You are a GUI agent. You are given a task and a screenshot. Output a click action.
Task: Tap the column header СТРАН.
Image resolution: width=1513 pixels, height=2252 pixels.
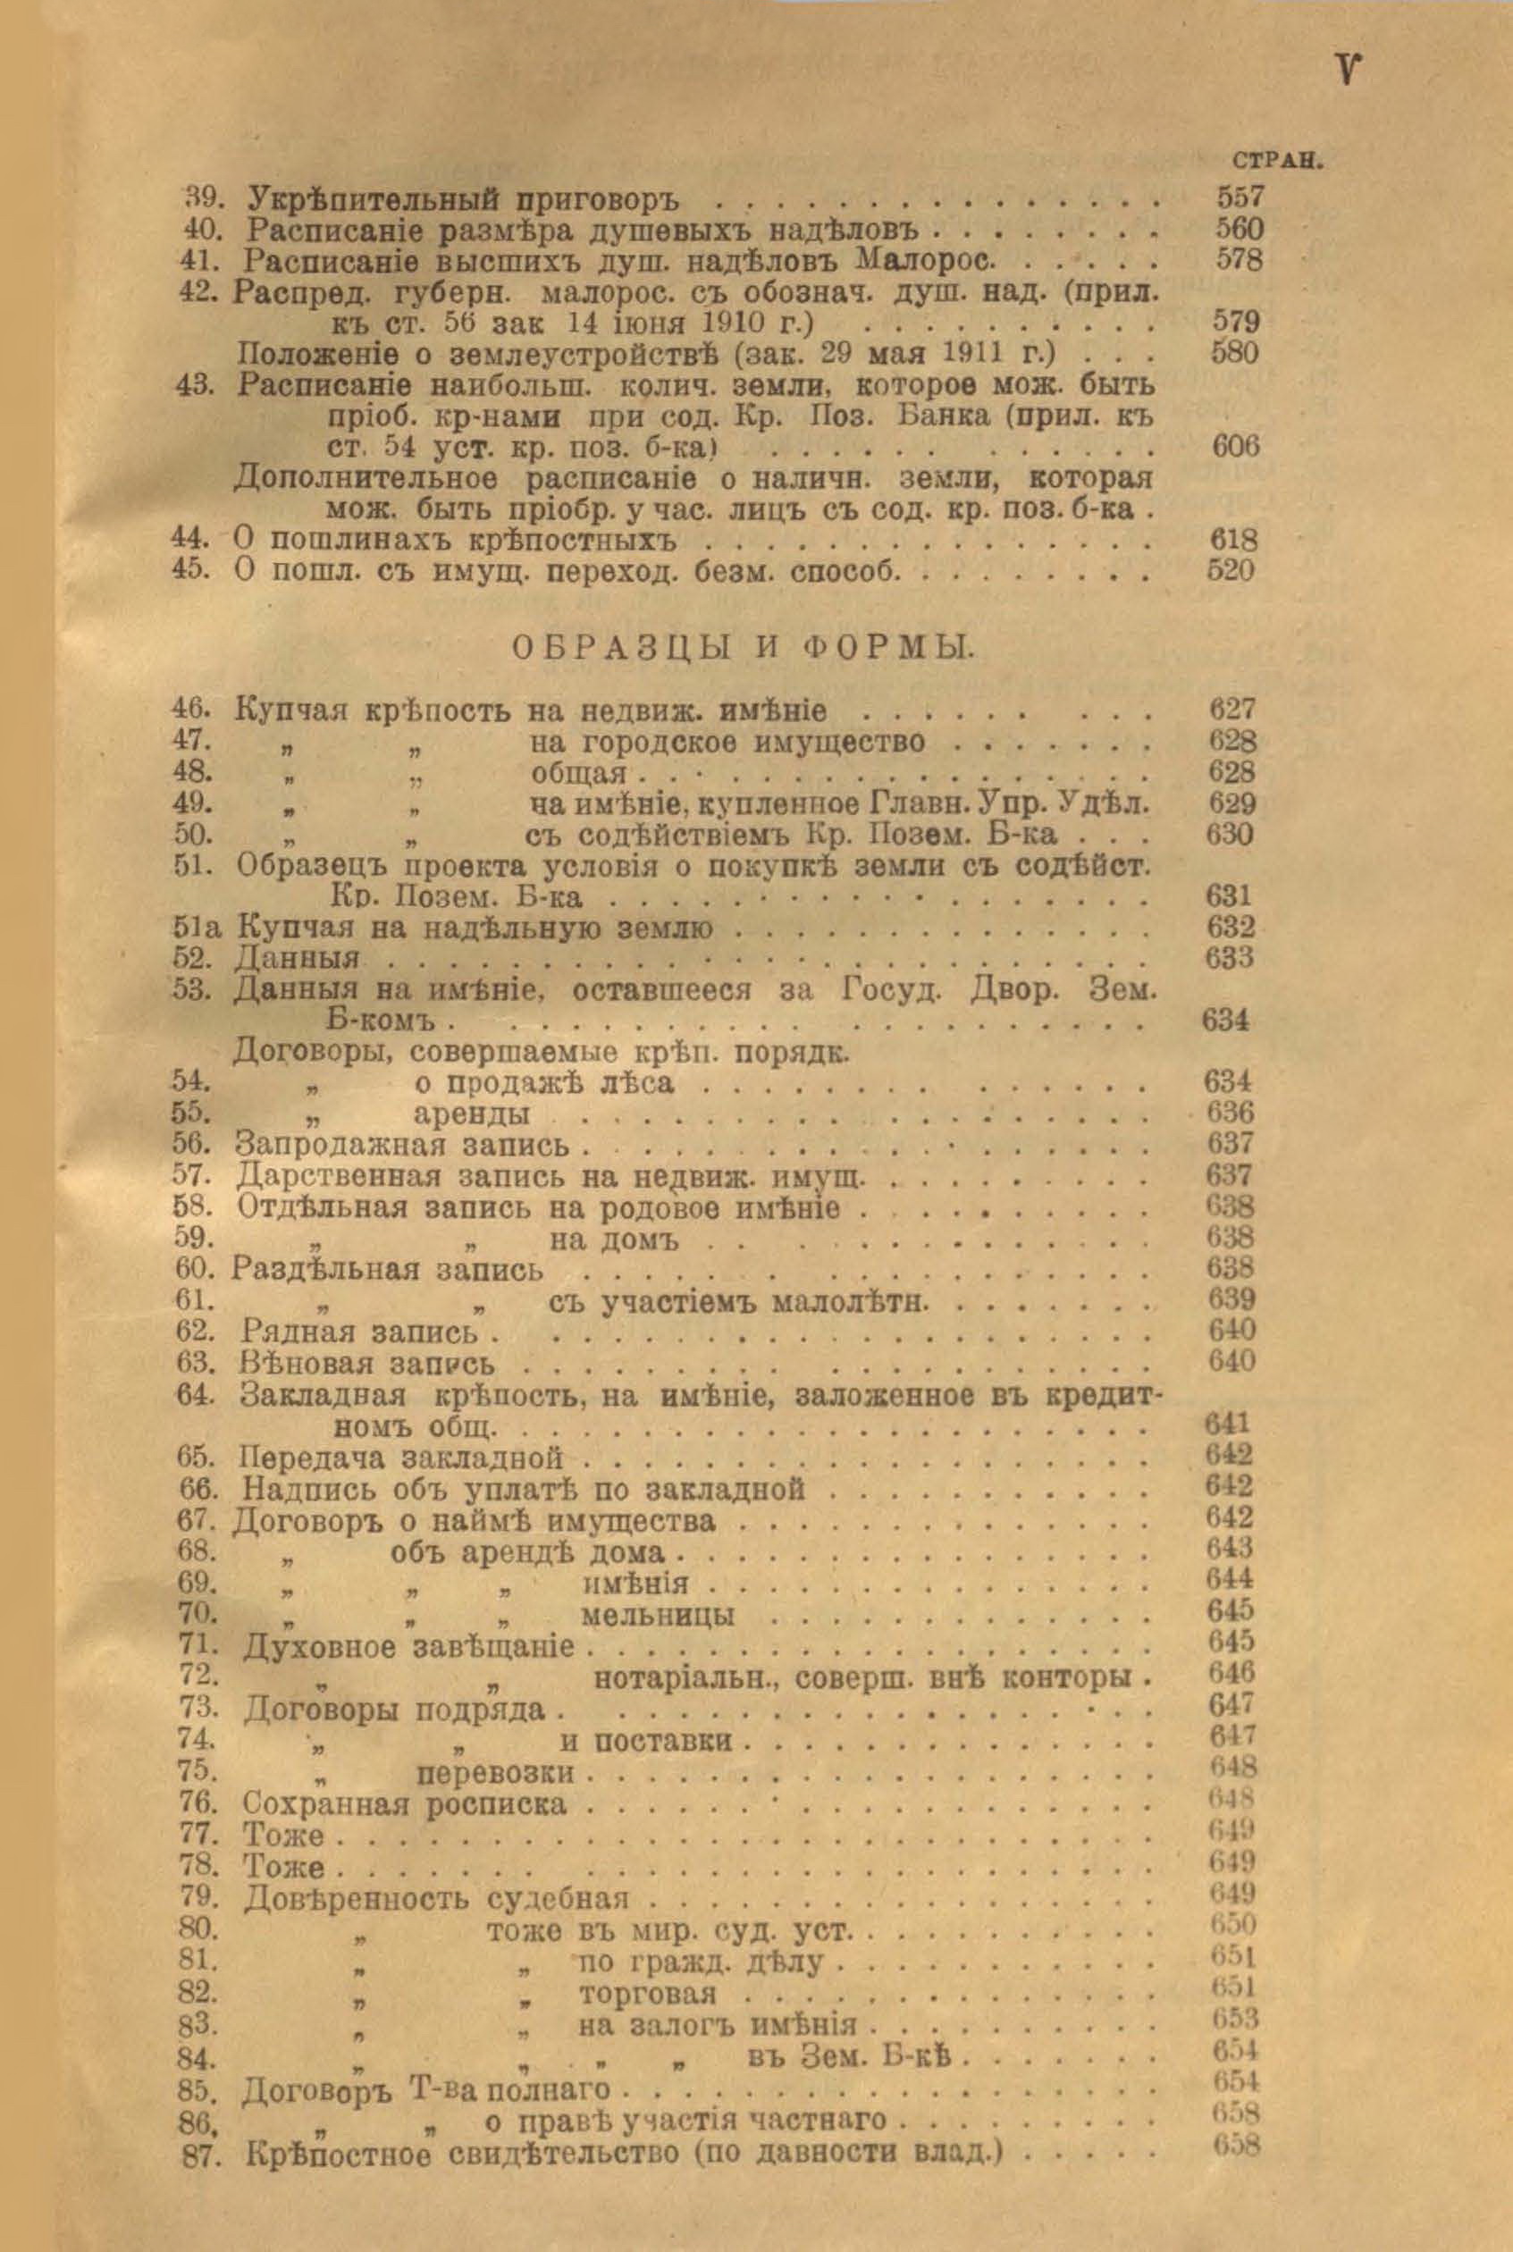coord(1274,162)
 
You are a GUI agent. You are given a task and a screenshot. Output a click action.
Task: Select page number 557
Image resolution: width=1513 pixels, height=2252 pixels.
coord(1239,198)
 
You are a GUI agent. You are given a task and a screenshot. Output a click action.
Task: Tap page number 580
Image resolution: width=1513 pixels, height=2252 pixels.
coord(1234,353)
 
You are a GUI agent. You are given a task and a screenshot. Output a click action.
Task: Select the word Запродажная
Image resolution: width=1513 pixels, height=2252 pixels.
coord(340,1146)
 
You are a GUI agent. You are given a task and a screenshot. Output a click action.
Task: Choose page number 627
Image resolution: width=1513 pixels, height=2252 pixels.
coord(1232,710)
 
